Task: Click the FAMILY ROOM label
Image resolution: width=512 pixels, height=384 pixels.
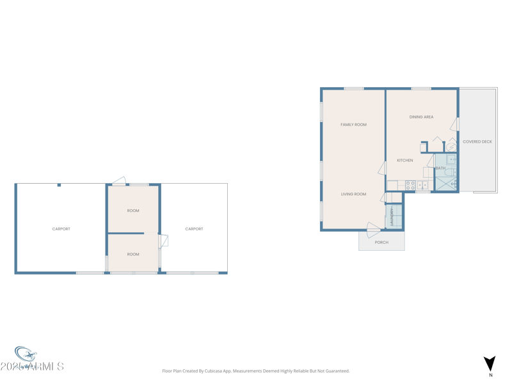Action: pyautogui.click(x=353, y=125)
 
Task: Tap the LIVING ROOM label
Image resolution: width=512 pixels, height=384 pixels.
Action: pyautogui.click(x=353, y=194)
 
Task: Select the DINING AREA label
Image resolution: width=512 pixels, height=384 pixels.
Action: pyautogui.click(x=421, y=117)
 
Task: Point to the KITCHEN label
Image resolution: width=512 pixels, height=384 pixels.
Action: pyautogui.click(x=404, y=161)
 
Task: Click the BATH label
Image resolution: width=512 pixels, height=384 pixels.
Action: pyautogui.click(x=440, y=168)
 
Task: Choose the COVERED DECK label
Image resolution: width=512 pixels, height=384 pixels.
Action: pyautogui.click(x=477, y=141)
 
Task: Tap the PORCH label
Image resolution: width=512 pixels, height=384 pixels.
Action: pyautogui.click(x=381, y=243)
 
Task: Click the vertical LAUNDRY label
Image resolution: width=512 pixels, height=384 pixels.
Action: pyautogui.click(x=392, y=217)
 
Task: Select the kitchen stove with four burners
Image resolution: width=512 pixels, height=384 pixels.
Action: pyautogui.click(x=410, y=186)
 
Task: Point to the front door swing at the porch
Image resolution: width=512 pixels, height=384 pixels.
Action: pyautogui.click(x=372, y=229)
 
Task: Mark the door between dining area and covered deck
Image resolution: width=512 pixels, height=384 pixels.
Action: pyautogui.click(x=454, y=124)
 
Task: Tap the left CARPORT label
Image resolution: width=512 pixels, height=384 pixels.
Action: pyautogui.click(x=61, y=228)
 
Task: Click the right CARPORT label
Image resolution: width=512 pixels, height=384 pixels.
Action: pyautogui.click(x=194, y=228)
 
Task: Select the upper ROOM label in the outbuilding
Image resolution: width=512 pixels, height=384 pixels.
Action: pyautogui.click(x=133, y=211)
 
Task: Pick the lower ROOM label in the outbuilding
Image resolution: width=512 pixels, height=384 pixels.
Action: pyautogui.click(x=133, y=254)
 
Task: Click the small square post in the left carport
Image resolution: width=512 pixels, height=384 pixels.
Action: pyautogui.click(x=59, y=185)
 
